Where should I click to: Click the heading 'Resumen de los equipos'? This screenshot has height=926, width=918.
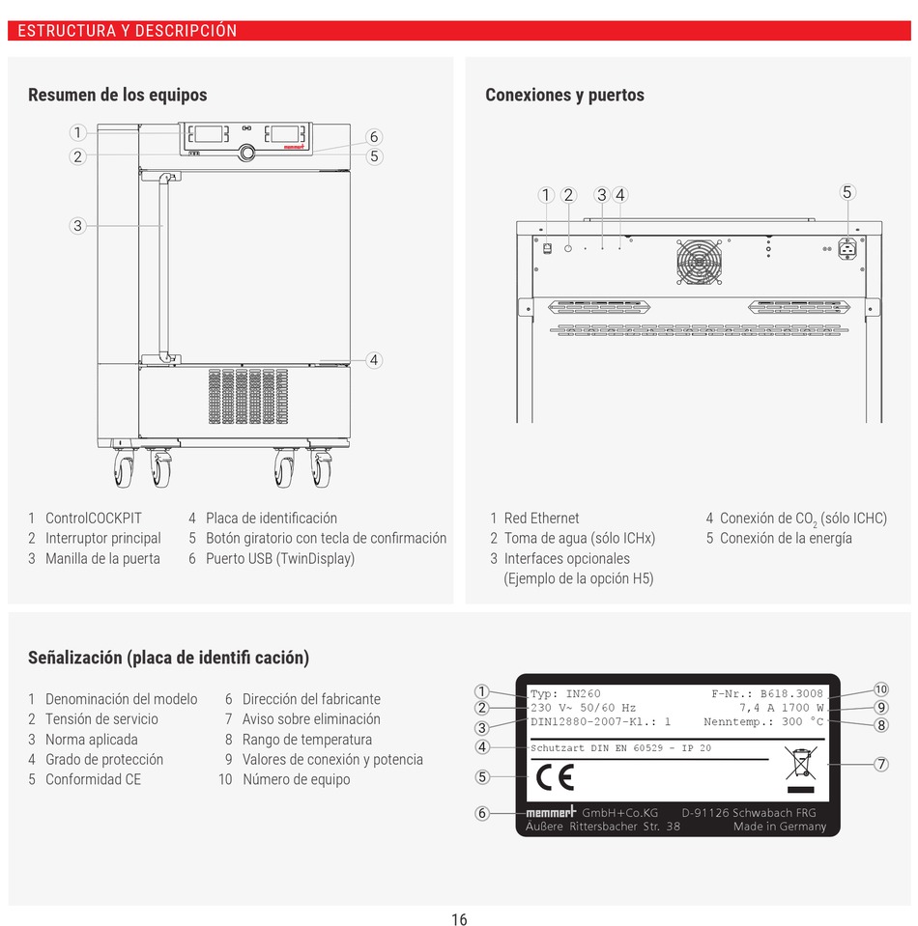click(x=117, y=95)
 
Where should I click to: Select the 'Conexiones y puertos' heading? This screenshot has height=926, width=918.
click(x=564, y=95)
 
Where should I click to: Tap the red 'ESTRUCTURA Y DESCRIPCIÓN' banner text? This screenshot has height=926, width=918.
click(x=127, y=31)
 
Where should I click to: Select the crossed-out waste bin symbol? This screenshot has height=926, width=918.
click(x=801, y=764)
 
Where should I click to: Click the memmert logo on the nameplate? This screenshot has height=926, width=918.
click(x=551, y=812)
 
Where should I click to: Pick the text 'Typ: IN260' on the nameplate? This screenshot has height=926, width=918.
click(x=565, y=693)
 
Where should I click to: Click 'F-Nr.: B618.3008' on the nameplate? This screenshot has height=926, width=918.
click(x=767, y=693)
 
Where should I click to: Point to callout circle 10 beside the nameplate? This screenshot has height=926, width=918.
click(x=880, y=688)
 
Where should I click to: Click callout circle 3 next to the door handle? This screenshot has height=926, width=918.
click(x=77, y=226)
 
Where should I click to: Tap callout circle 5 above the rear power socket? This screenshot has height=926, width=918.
click(x=847, y=192)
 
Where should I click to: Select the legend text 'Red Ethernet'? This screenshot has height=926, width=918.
click(x=541, y=519)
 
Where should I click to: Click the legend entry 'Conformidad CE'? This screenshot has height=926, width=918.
click(x=93, y=779)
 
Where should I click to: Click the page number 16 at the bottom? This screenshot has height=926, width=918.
click(x=459, y=918)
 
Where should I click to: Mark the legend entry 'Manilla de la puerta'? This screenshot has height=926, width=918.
click(x=102, y=558)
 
